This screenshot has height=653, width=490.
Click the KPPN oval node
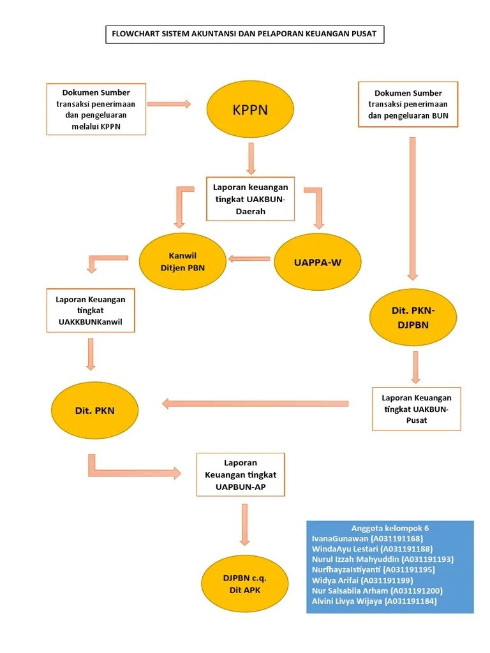click(250, 110)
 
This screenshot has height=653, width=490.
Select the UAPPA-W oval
click(318, 262)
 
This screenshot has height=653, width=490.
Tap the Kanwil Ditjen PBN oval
click(182, 262)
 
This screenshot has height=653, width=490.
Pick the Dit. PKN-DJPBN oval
click(413, 318)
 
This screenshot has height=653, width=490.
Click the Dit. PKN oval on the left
click(94, 411)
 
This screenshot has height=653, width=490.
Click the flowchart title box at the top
click(245, 34)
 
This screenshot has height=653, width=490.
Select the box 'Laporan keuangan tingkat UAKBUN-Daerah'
click(251, 198)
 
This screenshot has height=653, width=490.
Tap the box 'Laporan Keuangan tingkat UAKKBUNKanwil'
click(91, 311)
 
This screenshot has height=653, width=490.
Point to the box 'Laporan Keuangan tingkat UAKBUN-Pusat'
click(417, 408)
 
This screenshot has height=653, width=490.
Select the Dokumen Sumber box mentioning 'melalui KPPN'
click(96, 109)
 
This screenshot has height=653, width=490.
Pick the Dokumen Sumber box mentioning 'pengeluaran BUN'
click(408, 105)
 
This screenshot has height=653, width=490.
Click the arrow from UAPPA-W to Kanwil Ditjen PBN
click(249, 258)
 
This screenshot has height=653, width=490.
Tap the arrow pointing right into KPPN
click(169, 103)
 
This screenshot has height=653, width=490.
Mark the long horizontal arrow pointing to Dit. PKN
click(255, 403)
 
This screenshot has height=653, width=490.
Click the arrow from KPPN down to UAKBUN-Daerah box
click(251, 158)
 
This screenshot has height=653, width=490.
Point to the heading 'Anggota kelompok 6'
click(390, 528)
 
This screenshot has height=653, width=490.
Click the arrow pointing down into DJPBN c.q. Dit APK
click(244, 524)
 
